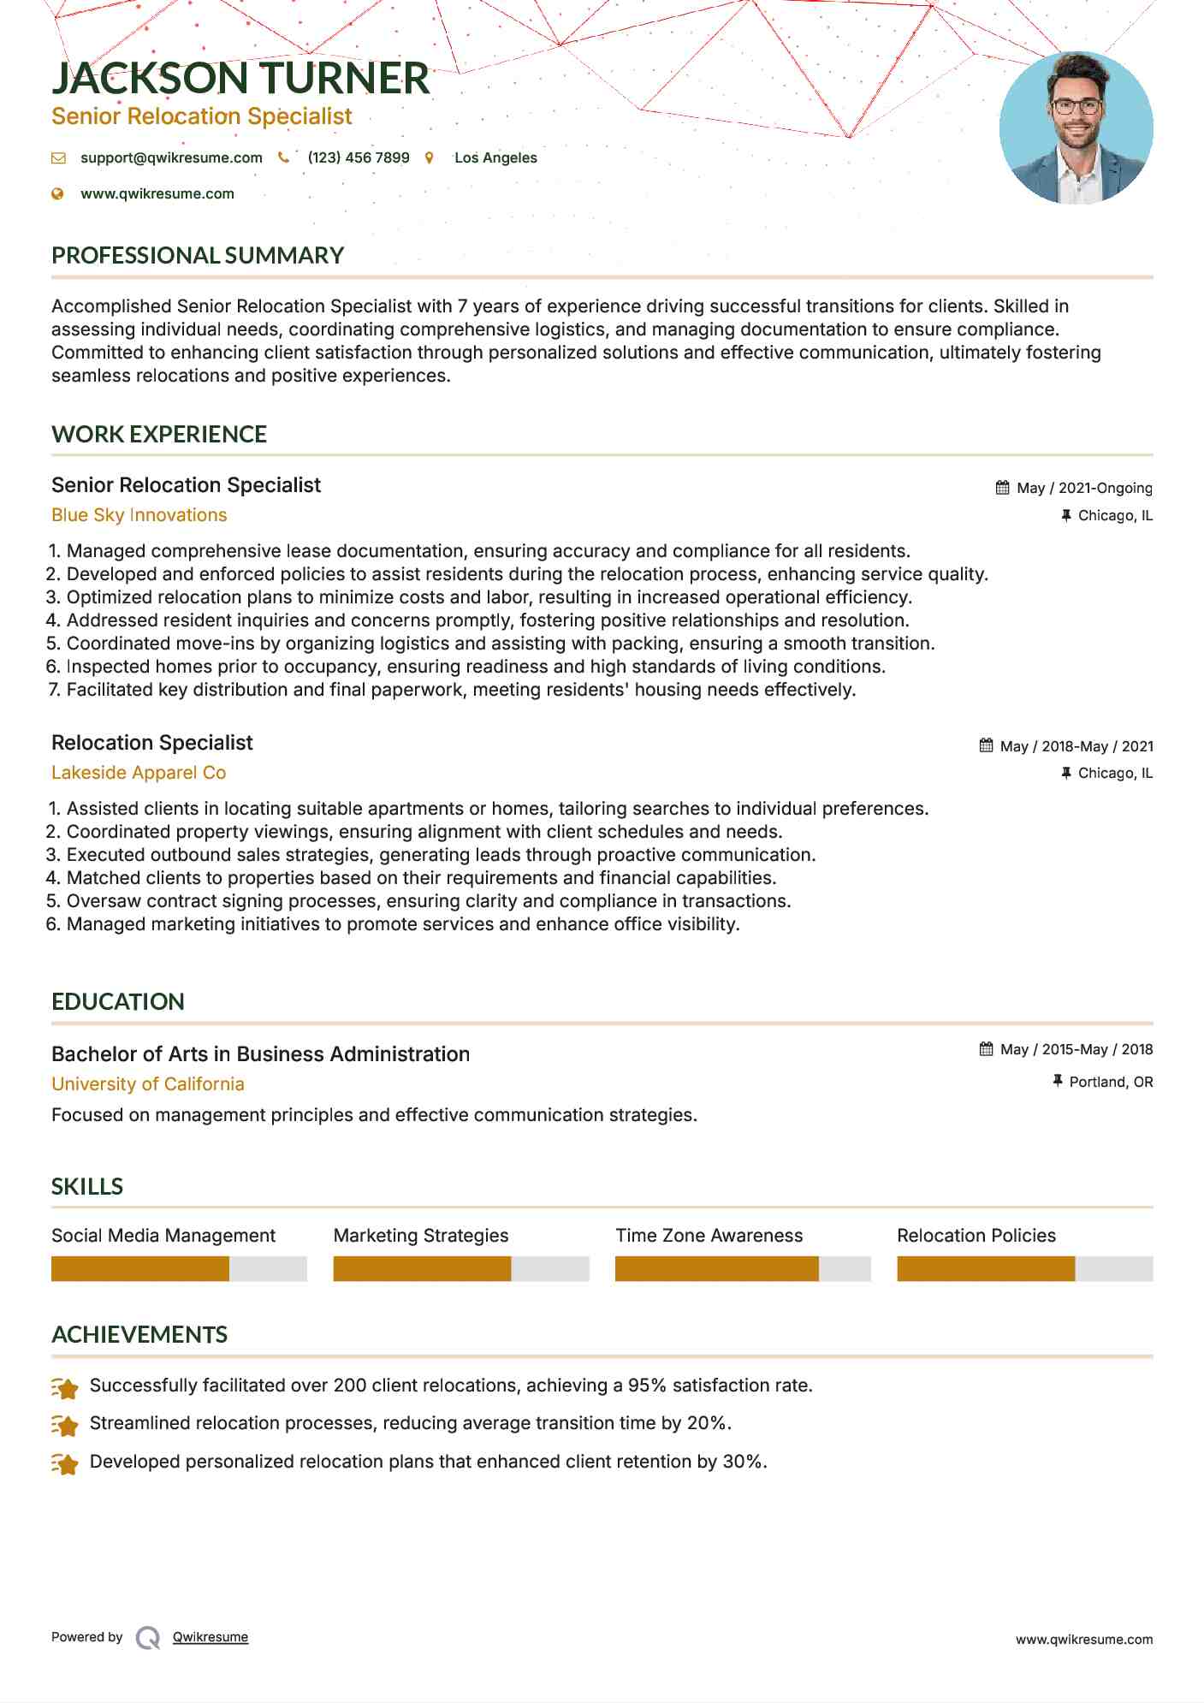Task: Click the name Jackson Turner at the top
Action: pyautogui.click(x=240, y=79)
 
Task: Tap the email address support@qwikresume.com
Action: pyautogui.click(x=171, y=157)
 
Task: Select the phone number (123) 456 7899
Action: pyautogui.click(x=359, y=157)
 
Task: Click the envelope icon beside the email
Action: pyautogui.click(x=58, y=158)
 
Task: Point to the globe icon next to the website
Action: pyautogui.click(x=58, y=194)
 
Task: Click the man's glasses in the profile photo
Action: pyautogui.click(x=1076, y=107)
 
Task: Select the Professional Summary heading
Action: pyautogui.click(x=198, y=256)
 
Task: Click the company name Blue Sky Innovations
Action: pyautogui.click(x=139, y=515)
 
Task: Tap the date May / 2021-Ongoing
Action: pyautogui.click(x=1084, y=488)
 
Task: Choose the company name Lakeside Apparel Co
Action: pyautogui.click(x=139, y=773)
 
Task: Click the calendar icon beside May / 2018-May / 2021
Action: pyautogui.click(x=987, y=745)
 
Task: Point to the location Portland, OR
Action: pyautogui.click(x=1111, y=1082)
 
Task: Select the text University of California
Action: pyautogui.click(x=148, y=1084)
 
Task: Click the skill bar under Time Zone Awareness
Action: pyautogui.click(x=742, y=1268)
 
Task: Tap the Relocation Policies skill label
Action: pyautogui.click(x=976, y=1236)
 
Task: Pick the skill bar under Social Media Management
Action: pyautogui.click(x=178, y=1268)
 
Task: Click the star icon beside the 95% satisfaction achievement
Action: pyautogui.click(x=65, y=1387)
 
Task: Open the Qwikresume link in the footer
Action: pyautogui.click(x=211, y=1637)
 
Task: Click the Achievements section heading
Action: pyautogui.click(x=139, y=1335)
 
